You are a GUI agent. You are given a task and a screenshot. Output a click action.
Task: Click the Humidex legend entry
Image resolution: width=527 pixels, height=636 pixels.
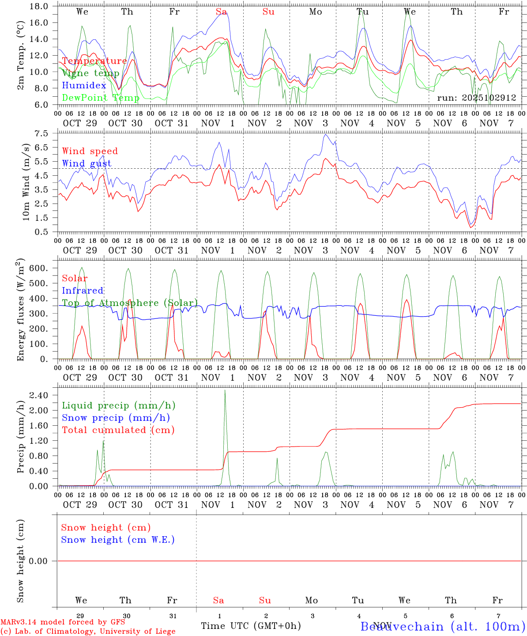coord(84,85)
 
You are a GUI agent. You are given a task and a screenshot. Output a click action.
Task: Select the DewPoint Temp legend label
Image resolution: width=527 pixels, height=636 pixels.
coord(101,98)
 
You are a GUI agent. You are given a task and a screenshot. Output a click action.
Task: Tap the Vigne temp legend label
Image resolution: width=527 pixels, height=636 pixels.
coord(90,73)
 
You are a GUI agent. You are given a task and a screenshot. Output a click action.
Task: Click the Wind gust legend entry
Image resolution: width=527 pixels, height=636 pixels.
coord(87,163)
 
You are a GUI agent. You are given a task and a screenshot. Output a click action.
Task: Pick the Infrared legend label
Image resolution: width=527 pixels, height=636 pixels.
coord(83,291)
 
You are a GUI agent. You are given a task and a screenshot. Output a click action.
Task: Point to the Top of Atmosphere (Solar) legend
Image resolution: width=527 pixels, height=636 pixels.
coord(129,303)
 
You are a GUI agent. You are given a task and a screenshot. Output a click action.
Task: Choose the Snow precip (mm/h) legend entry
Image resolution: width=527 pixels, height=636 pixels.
coord(116,418)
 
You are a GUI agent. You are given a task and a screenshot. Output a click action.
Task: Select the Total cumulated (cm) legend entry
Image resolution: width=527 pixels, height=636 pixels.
coord(118,430)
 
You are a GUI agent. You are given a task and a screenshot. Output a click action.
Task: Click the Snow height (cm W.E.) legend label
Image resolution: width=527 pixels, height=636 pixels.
coord(118,540)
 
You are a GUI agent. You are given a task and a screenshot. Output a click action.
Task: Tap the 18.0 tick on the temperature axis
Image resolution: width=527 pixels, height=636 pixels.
coord(39,6)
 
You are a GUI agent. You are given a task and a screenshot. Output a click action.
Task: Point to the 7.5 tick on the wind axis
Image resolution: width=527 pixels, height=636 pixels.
coord(41,133)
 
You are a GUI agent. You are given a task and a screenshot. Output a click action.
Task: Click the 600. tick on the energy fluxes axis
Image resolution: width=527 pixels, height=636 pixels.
coord(38,268)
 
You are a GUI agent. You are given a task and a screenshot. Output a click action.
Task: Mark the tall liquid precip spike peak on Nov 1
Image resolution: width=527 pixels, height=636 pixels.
coord(225,390)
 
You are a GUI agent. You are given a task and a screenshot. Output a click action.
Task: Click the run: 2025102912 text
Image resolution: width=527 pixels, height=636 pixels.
coord(476,98)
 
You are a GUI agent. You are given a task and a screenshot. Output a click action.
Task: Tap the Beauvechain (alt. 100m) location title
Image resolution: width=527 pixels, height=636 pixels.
coord(443,626)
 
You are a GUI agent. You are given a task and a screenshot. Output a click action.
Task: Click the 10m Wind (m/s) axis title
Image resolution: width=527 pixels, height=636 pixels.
coord(26,182)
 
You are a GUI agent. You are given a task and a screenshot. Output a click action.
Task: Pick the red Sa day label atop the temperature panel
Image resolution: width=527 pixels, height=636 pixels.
coord(221,12)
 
